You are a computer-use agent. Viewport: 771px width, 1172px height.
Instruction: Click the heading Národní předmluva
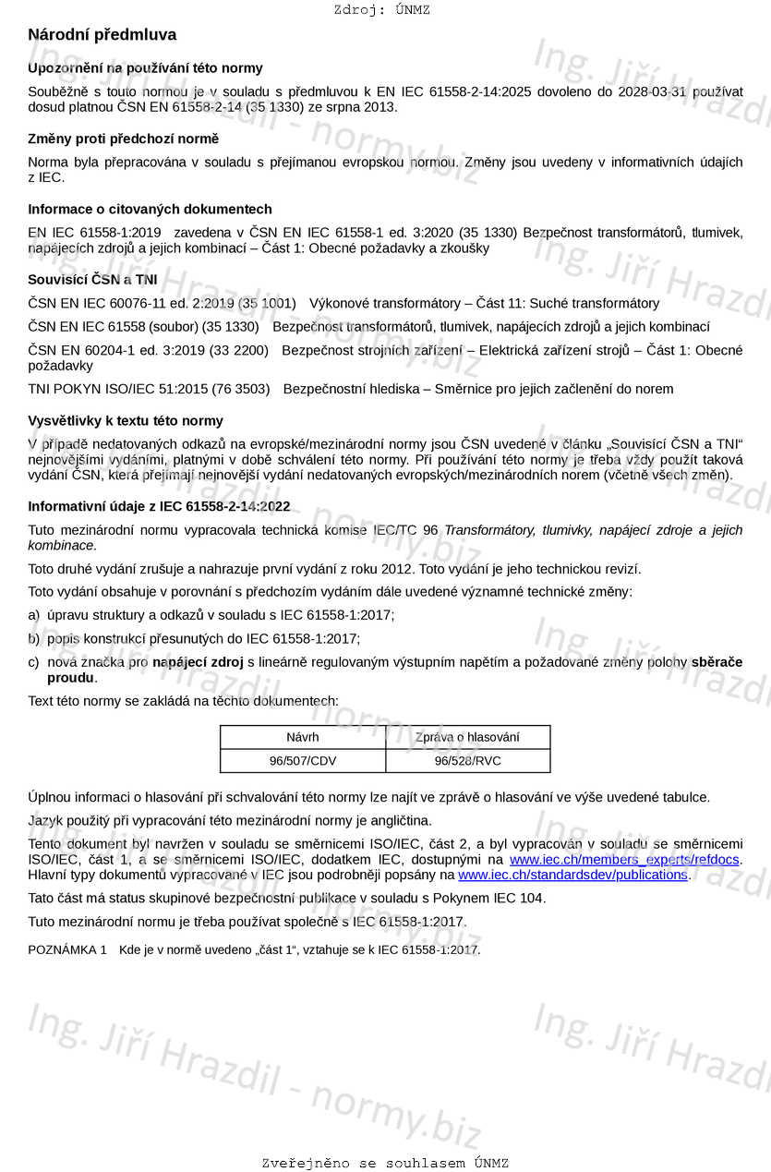tap(102, 35)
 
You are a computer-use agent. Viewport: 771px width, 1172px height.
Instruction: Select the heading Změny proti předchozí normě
tap(123, 139)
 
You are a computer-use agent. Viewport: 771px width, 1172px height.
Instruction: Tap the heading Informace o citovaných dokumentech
tap(150, 210)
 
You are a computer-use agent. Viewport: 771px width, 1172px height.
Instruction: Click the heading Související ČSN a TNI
tap(92, 279)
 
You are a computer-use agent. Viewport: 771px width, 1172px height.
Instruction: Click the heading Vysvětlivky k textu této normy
tap(126, 421)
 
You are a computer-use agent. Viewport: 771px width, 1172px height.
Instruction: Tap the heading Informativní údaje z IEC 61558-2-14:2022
tap(159, 506)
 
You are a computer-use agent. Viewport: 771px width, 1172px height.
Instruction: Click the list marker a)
tap(34, 615)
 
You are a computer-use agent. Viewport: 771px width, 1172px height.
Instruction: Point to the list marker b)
tap(34, 638)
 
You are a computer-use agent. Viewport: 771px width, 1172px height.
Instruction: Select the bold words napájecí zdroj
tap(198, 662)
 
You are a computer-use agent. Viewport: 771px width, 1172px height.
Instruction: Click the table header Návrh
tap(303, 737)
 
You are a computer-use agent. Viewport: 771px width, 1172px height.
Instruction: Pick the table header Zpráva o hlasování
tap(467, 737)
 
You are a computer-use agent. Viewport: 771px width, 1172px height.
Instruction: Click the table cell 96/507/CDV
tap(303, 761)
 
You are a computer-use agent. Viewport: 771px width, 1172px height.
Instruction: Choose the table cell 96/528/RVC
tap(467, 761)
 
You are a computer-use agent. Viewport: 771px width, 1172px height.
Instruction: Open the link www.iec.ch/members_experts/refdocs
tap(624, 860)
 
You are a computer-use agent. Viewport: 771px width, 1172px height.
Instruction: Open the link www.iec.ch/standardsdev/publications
tap(572, 875)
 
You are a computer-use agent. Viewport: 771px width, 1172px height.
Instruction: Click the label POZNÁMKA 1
tap(67, 949)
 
